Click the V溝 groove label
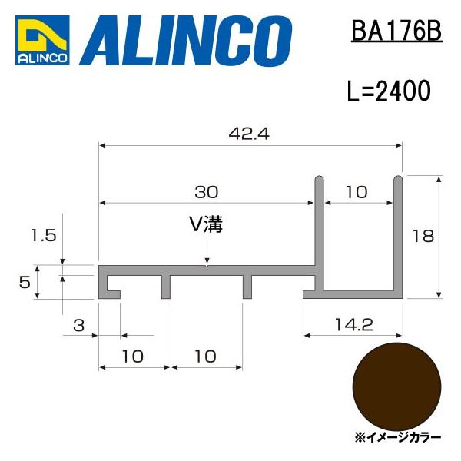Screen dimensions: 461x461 click(207, 224)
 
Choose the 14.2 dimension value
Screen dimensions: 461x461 click(354, 325)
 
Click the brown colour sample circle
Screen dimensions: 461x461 click(396, 384)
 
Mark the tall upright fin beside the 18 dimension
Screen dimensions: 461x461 click(399, 230)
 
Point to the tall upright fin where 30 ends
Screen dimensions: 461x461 click(318, 223)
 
